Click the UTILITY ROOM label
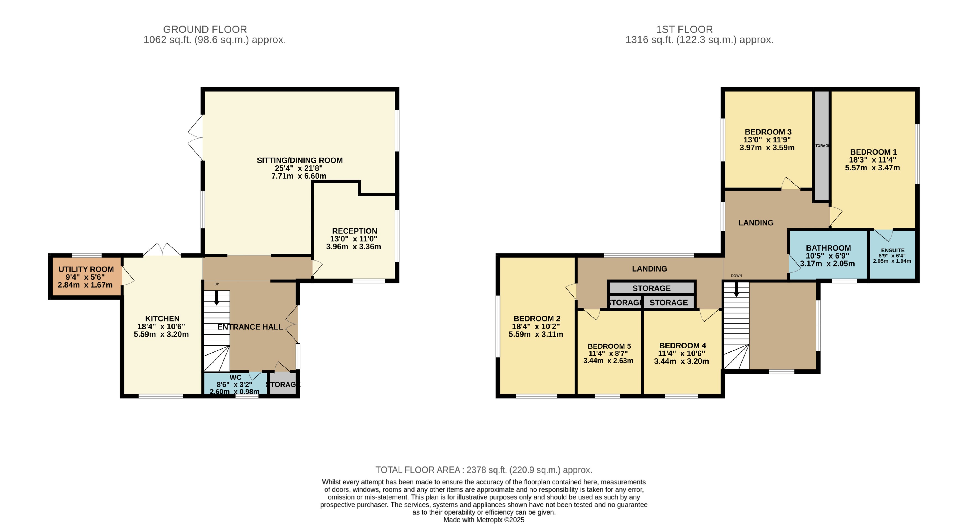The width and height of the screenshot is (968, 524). [86, 269]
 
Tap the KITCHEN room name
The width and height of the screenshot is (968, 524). [162, 319]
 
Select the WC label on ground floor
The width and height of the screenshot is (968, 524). [235, 377]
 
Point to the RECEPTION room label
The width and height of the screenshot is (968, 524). [354, 231]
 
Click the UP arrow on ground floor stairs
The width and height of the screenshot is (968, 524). [217, 297]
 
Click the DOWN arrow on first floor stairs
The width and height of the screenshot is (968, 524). [736, 289]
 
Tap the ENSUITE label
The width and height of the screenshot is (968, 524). [892, 250]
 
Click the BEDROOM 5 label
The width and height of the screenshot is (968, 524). [609, 346]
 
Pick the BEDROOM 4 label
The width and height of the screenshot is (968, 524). [682, 346]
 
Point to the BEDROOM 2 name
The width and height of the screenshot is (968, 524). [537, 319]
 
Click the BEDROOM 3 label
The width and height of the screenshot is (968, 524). [768, 132]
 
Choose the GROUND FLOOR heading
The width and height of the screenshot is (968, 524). [205, 29]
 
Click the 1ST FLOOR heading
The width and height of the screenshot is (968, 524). [684, 29]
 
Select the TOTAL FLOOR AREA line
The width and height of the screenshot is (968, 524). [484, 470]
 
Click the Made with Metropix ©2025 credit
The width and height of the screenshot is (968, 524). [484, 520]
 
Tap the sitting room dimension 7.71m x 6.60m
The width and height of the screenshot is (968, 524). [299, 176]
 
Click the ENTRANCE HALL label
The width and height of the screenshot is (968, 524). [250, 327]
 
